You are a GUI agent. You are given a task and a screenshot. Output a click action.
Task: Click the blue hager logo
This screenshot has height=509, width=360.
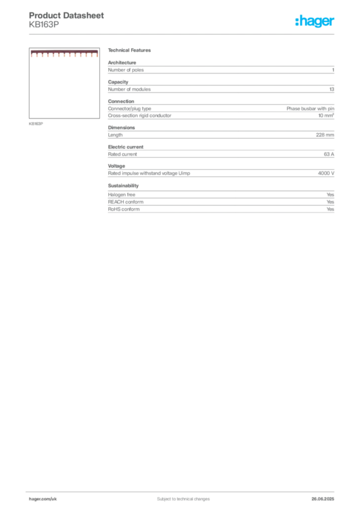[x=315, y=22]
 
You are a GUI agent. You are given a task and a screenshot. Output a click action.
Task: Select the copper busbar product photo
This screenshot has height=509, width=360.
[x=64, y=54]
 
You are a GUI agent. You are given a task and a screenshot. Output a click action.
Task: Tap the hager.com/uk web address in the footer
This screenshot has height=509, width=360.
[x=43, y=498]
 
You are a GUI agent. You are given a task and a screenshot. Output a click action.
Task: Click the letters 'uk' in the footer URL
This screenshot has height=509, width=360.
[x=54, y=498]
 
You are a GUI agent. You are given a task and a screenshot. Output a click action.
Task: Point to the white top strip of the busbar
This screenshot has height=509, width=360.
[x=64, y=51]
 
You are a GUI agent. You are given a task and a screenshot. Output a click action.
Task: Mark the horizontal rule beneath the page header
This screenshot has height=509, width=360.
[x=183, y=34]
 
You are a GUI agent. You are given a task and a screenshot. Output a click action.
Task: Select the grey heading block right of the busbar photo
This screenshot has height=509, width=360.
[x=131, y=51]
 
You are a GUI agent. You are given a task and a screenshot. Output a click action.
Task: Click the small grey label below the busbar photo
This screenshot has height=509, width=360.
[x=36, y=123]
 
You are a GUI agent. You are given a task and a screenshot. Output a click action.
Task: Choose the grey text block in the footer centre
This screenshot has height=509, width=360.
[x=177, y=496]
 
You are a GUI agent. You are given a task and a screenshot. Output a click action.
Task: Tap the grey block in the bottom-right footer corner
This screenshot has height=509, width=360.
[x=324, y=497]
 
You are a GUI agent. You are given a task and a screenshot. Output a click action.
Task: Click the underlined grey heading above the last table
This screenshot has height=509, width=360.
[x=123, y=186]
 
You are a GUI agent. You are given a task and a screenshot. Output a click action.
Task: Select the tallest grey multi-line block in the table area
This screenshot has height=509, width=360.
[x=221, y=113]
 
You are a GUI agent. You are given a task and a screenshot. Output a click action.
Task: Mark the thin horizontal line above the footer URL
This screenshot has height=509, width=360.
[x=183, y=491]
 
